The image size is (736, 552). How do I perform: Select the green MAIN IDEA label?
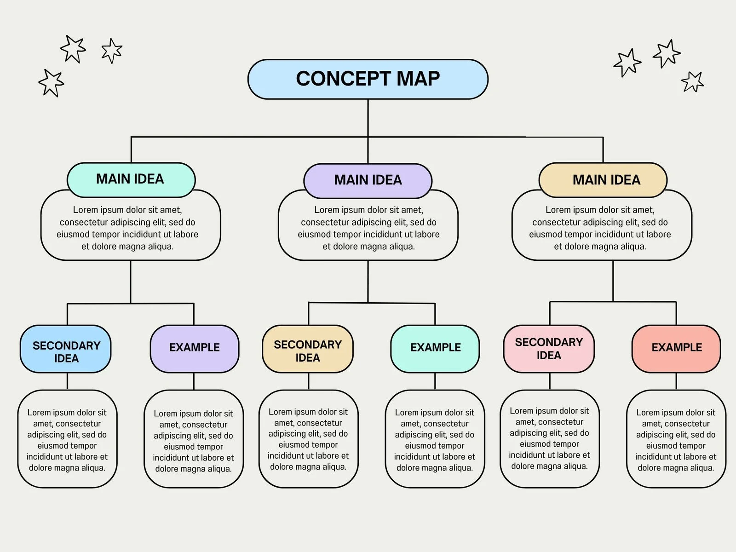131,179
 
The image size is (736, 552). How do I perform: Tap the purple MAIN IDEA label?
368,180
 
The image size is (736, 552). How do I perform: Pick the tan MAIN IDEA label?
603,180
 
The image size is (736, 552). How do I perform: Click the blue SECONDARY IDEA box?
66,349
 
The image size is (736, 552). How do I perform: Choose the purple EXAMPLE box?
194,349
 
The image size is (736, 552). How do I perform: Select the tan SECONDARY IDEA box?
307,349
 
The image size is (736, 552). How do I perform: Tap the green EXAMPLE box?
435,349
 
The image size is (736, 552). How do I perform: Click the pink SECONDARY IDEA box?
549,349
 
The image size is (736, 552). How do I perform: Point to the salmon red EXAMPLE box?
676,349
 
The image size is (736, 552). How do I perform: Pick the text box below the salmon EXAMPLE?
676,440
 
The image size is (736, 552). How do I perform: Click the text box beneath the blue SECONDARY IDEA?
67,440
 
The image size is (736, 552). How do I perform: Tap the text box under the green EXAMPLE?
435,440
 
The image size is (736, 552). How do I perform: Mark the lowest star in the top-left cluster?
51,83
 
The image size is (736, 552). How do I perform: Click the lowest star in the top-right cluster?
692,82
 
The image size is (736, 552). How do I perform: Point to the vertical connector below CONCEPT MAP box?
368,117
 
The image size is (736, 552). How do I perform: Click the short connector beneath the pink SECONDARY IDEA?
550,381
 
